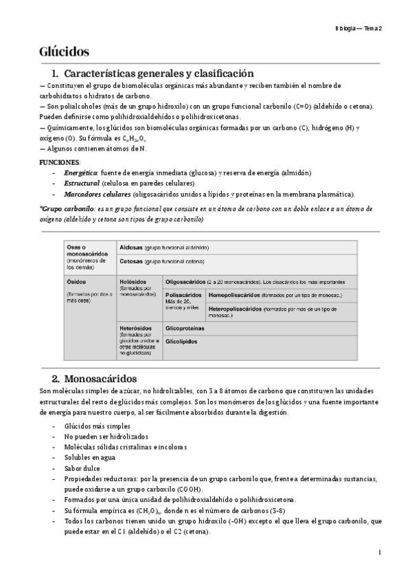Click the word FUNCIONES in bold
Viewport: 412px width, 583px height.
60,161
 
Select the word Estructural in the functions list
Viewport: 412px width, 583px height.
82,184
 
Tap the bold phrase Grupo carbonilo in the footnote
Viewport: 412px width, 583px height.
64,208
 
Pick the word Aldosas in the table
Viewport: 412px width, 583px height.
131,247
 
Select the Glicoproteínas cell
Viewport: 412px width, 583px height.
186,329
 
